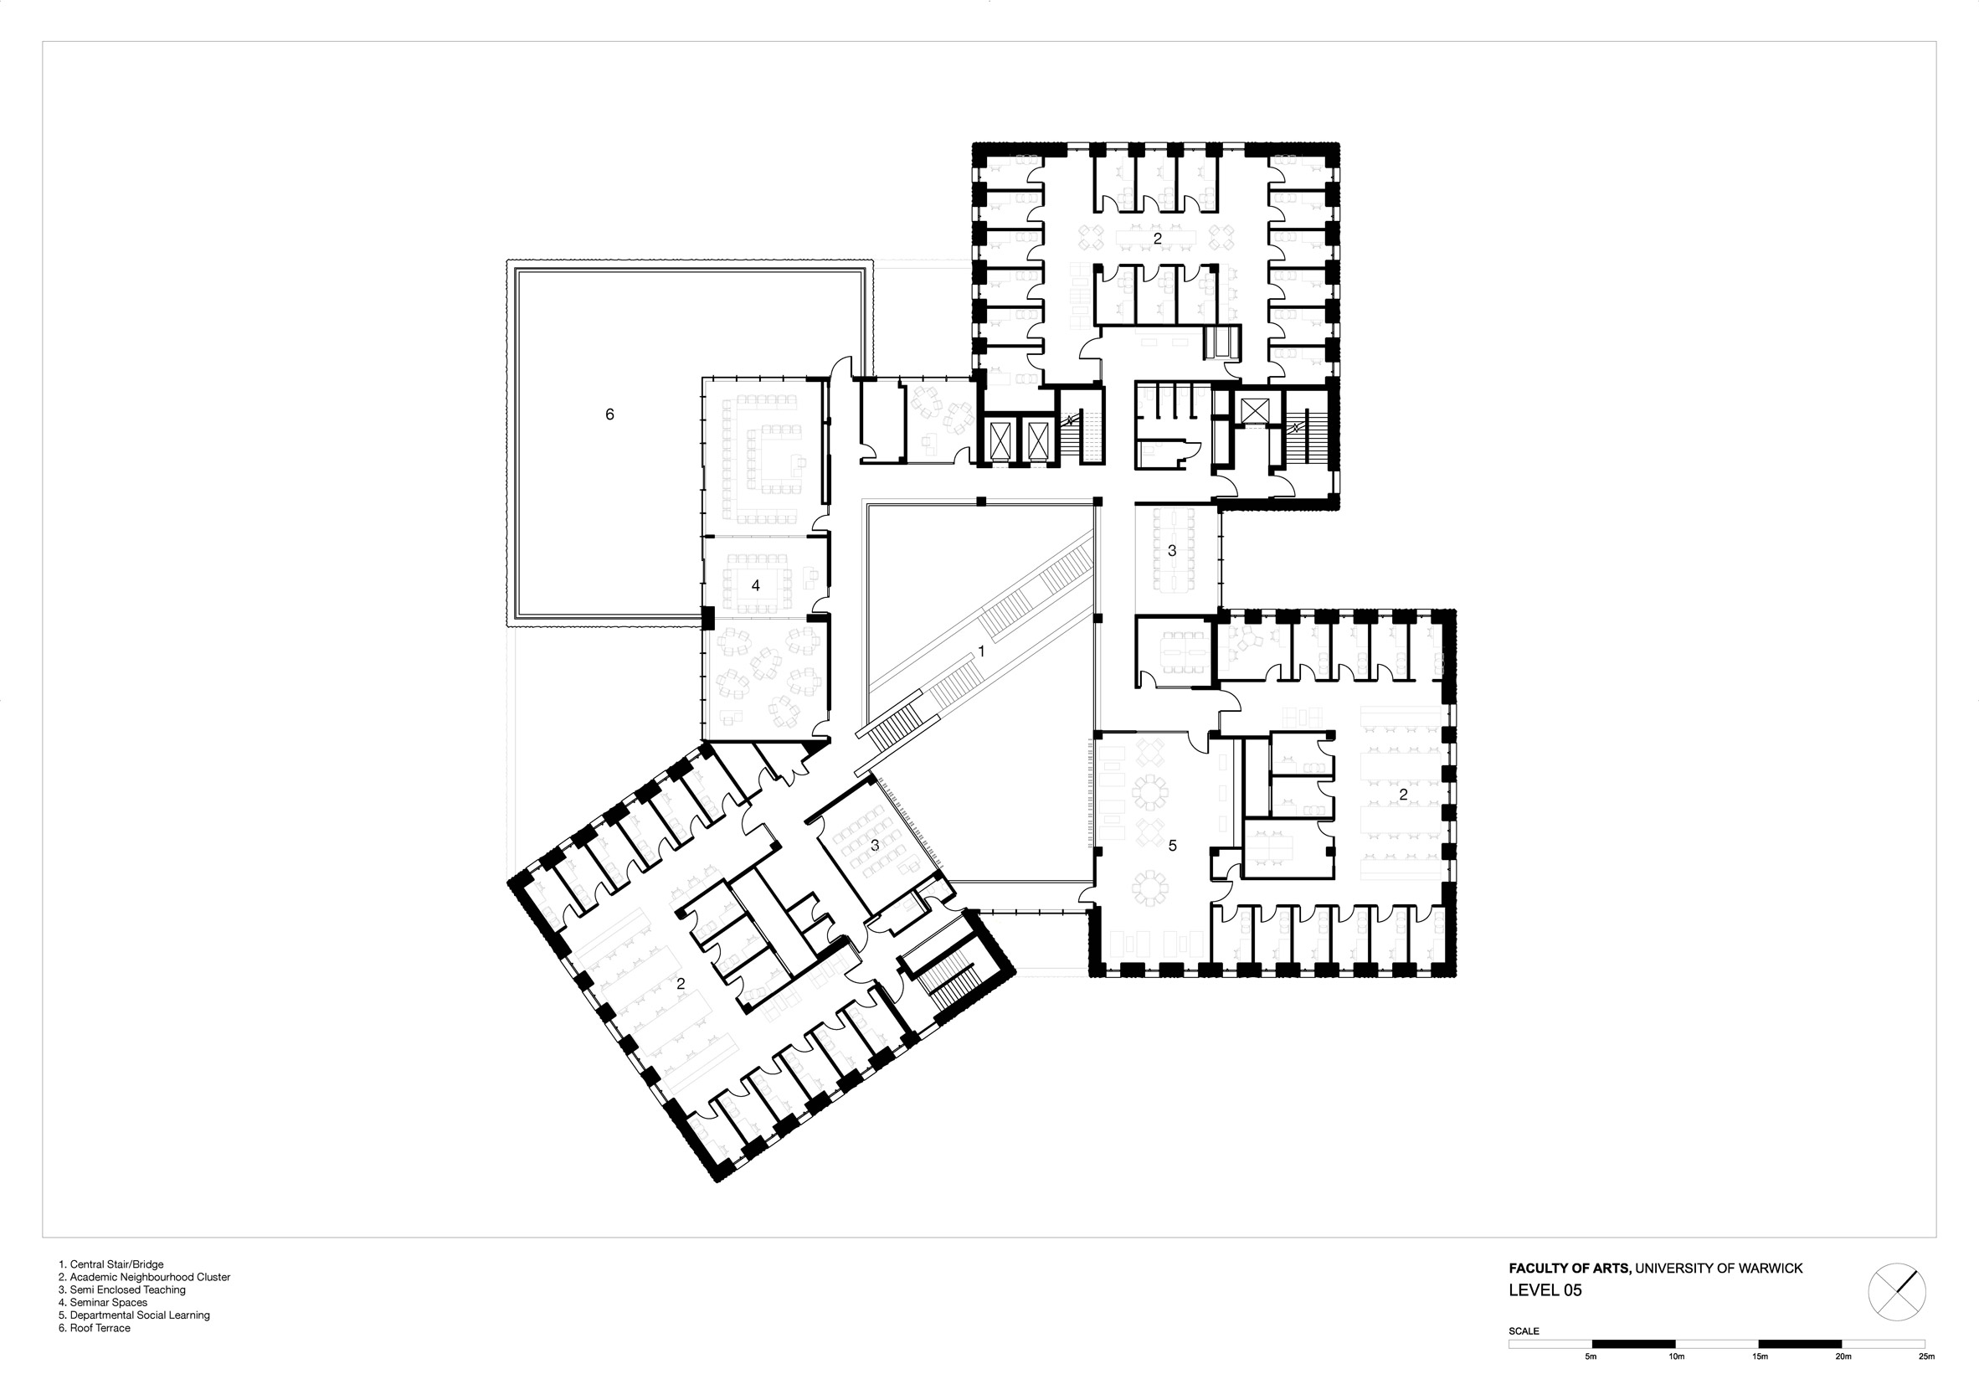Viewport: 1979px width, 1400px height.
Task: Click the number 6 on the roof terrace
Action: click(x=609, y=414)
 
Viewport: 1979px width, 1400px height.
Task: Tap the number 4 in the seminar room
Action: click(x=756, y=585)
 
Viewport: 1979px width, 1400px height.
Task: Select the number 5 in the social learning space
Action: click(x=1172, y=846)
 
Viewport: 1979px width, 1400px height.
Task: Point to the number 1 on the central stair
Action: click(x=981, y=651)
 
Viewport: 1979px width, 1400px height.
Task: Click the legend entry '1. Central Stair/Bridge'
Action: click(x=111, y=1264)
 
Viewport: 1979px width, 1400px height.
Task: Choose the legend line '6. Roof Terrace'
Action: click(x=95, y=1328)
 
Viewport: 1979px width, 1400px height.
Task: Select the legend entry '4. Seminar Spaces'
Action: click(x=103, y=1303)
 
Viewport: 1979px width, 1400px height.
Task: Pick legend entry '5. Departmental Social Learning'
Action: click(x=135, y=1315)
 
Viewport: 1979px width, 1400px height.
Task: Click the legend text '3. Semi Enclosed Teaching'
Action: click(x=122, y=1289)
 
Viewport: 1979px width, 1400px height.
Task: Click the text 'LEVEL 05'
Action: click(x=1545, y=1290)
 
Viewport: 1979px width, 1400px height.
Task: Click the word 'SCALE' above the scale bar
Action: click(x=1524, y=1331)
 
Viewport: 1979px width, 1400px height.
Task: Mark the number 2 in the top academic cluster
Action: click(x=1158, y=238)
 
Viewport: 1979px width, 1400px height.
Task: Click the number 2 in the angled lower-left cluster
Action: click(x=681, y=983)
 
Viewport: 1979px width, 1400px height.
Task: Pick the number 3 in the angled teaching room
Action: click(x=875, y=845)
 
